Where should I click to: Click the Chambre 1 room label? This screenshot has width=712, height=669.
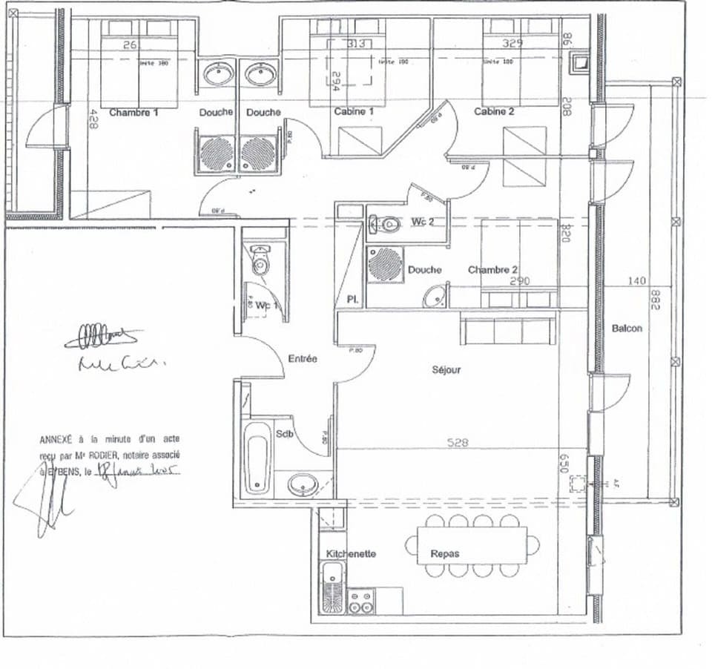tap(134, 113)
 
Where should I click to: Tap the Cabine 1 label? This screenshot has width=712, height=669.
tap(353, 112)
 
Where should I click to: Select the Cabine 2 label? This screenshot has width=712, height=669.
tap(495, 112)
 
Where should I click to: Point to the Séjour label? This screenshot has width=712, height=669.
tap(446, 369)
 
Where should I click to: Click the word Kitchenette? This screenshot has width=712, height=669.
tap(351, 554)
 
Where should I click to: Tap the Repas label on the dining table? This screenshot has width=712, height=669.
tap(445, 554)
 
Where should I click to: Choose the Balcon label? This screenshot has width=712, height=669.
tap(627, 329)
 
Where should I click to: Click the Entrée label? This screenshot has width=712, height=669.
tap(303, 359)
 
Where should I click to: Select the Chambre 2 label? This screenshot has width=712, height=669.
tap(492, 270)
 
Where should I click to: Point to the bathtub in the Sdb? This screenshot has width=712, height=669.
tap(257, 464)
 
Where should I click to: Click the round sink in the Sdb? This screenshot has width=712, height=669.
tap(303, 485)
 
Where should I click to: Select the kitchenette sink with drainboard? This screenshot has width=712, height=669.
tap(332, 587)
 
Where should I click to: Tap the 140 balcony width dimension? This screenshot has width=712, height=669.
tap(637, 281)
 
